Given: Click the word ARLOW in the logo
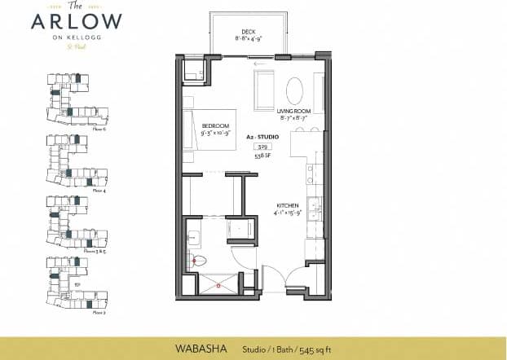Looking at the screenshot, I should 77,21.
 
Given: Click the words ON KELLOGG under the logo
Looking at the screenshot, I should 77,37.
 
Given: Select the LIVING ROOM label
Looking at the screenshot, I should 293,112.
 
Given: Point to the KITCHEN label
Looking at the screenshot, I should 288,205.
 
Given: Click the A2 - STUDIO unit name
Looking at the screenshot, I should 262,138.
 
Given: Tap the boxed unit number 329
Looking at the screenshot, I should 262,147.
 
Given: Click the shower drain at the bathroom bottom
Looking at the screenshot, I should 218,287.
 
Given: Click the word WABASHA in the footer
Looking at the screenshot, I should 200,348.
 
